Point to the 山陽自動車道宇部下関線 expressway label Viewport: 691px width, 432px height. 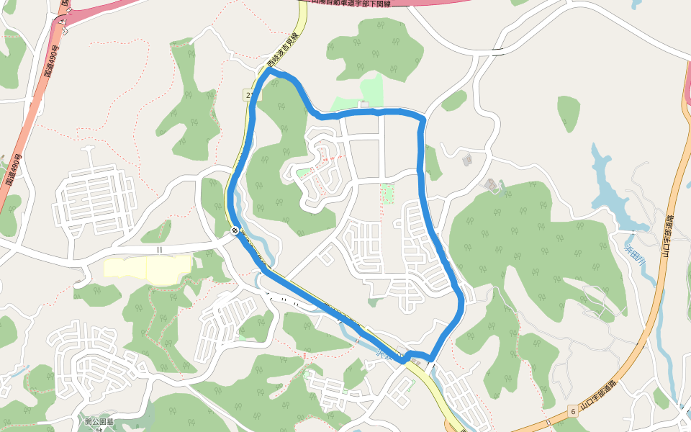[x=360, y=3]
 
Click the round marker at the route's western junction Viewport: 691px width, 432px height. [x=235, y=230]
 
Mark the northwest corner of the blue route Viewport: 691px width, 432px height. [x=271, y=71]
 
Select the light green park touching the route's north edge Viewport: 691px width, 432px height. [x=372, y=90]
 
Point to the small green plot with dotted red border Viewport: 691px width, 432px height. [x=387, y=193]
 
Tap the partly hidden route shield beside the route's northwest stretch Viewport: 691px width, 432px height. [x=249, y=94]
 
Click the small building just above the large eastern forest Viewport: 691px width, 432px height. [x=492, y=185]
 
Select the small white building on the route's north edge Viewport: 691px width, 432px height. [x=364, y=106]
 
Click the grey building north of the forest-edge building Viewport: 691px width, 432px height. [x=466, y=158]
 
